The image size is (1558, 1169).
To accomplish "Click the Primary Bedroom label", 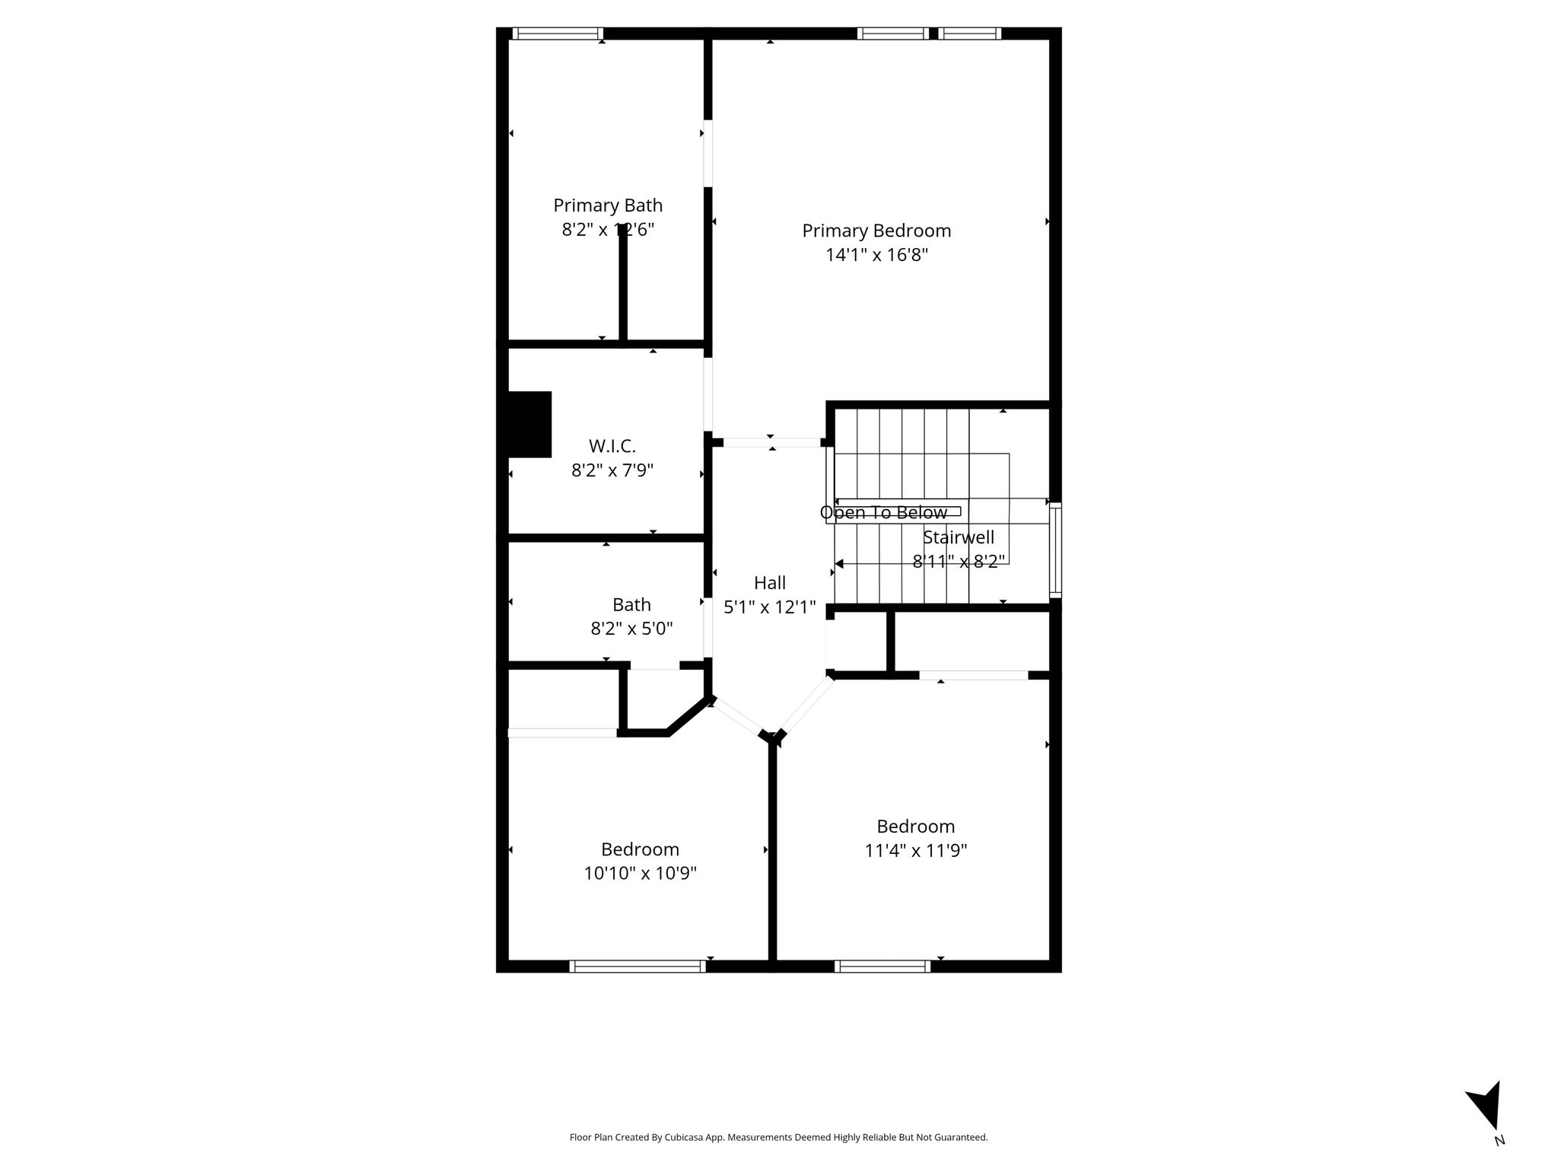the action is coord(876,231).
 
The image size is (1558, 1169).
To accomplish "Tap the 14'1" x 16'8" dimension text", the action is coord(877,255).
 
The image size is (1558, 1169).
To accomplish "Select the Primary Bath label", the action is coord(608,205).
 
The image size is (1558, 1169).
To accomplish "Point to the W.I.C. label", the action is coord(612,446).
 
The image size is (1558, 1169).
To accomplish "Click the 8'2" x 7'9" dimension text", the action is coord(612,470).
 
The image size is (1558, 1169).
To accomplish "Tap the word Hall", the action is coord(770,583).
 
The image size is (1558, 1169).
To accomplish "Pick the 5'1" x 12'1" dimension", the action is coord(770,607).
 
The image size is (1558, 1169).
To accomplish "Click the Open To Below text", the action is coord(883,513).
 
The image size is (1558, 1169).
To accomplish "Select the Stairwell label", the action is coord(959,537).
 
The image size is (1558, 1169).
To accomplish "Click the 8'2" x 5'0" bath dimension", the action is coord(631,629).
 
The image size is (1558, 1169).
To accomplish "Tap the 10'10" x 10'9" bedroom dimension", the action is coord(641,873).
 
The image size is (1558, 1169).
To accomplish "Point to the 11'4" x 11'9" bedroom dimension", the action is coord(916,850).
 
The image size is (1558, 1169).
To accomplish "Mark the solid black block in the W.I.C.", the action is coord(529,425).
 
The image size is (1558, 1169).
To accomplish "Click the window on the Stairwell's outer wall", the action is coord(1055,549).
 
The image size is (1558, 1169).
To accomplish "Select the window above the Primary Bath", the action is coord(558,33).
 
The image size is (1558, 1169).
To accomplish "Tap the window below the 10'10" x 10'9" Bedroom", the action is coord(638,967).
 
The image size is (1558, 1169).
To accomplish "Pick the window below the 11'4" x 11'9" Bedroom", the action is coord(882,967).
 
